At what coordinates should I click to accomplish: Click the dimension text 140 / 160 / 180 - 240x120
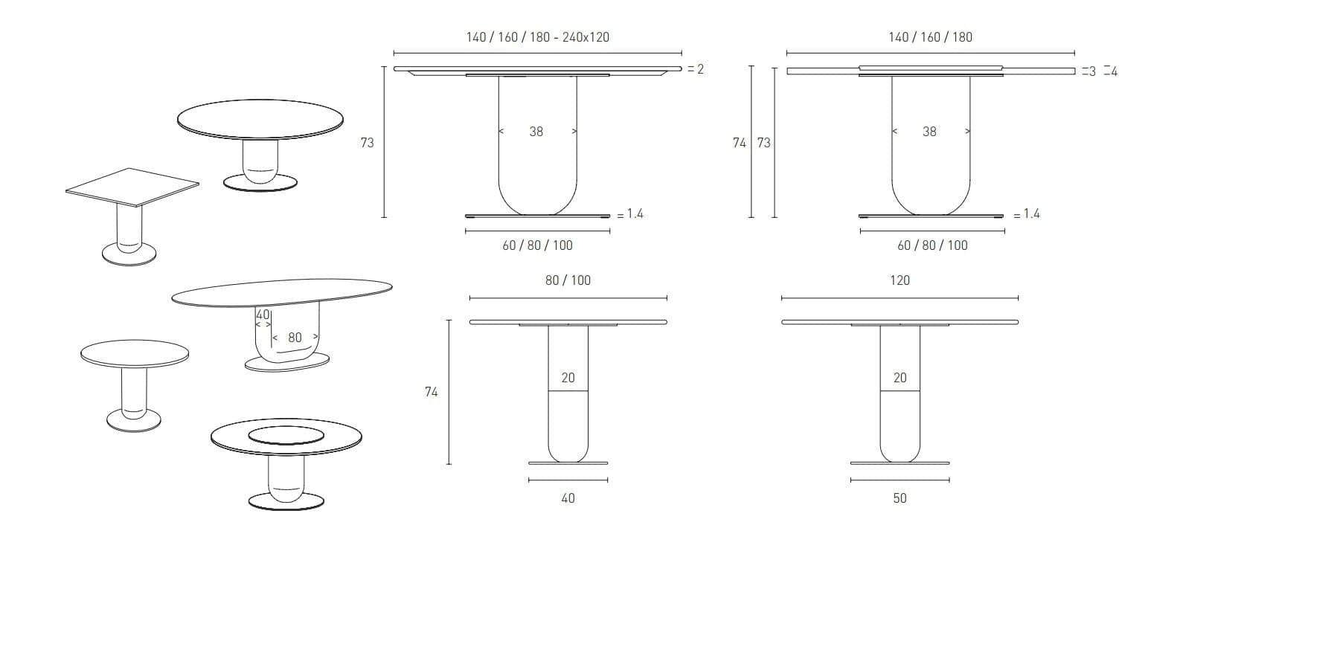pos(537,37)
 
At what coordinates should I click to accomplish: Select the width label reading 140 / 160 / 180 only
pos(930,37)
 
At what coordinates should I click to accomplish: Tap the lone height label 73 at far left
pos(367,143)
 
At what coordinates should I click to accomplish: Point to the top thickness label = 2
pos(696,69)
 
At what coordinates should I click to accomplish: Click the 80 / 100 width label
pos(568,280)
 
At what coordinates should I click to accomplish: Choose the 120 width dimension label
pos(900,280)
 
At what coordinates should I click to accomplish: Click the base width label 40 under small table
pos(568,498)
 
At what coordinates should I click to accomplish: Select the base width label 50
pos(900,498)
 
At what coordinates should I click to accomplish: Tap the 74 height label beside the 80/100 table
pos(431,392)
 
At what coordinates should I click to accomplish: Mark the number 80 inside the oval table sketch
pos(295,338)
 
